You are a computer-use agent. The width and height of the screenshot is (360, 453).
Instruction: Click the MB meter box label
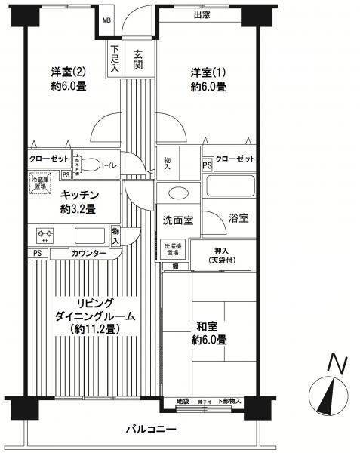click(106, 20)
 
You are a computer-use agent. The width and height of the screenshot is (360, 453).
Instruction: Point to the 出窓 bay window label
click(202, 15)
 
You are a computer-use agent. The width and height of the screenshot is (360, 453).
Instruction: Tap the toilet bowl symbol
click(88, 165)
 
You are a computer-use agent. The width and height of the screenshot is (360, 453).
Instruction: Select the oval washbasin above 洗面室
click(179, 193)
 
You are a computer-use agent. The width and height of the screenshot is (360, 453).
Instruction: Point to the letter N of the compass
click(337, 365)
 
